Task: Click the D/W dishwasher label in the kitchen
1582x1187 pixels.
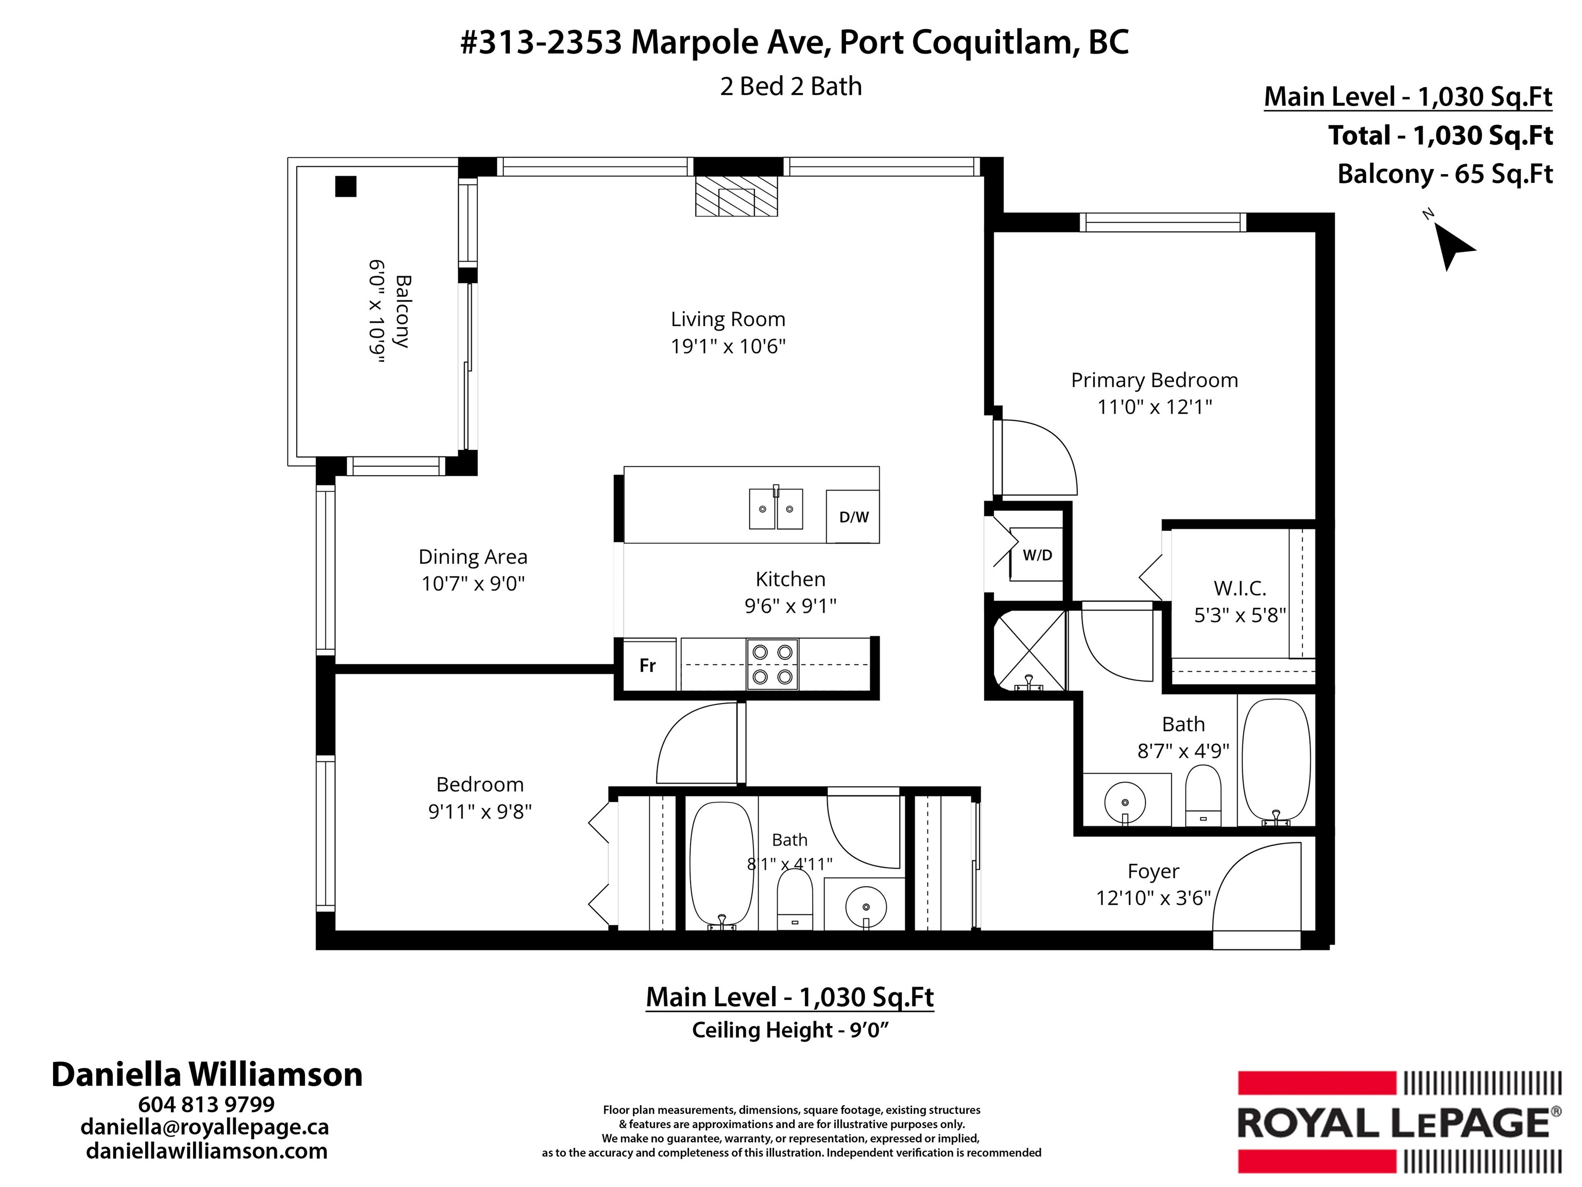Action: [853, 517]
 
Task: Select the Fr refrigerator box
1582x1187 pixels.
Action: [648, 666]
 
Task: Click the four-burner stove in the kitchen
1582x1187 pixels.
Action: [772, 664]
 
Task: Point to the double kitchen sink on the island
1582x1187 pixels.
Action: [776, 508]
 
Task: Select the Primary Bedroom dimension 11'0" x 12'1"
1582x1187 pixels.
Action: [1155, 407]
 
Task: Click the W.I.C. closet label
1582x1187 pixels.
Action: [1240, 588]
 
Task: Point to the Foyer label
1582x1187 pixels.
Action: [1153, 872]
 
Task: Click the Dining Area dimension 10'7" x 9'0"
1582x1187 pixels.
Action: [473, 584]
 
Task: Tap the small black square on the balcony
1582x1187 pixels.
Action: [346, 186]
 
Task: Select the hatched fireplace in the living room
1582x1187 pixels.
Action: [736, 196]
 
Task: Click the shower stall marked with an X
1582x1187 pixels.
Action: [1030, 650]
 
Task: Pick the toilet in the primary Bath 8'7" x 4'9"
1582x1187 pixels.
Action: [1203, 795]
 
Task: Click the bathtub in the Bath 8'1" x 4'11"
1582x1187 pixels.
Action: [721, 864]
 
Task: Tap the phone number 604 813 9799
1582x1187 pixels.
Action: [207, 1104]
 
